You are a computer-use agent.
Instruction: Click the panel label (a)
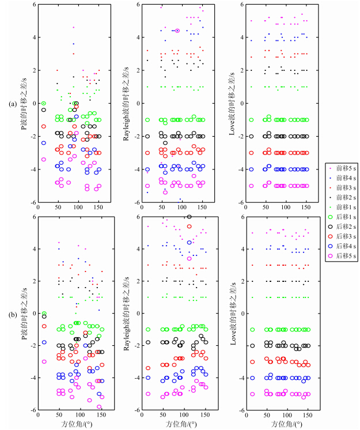click(11, 104)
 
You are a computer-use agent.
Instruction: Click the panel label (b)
click(11, 314)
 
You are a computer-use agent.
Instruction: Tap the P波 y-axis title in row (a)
click(22, 104)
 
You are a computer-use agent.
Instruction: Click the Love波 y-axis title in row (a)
click(232, 104)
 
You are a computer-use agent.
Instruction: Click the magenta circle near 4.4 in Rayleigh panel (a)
click(177, 31)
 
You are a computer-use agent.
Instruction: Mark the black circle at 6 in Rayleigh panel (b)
click(190, 217)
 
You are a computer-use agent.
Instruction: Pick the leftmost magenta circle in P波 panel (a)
click(43, 160)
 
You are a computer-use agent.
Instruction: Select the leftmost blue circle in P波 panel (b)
click(43, 342)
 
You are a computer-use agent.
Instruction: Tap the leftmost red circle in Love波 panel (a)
click(251, 153)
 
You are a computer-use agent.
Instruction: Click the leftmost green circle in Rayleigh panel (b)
click(148, 329)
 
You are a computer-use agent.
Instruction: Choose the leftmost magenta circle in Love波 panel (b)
click(252, 394)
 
